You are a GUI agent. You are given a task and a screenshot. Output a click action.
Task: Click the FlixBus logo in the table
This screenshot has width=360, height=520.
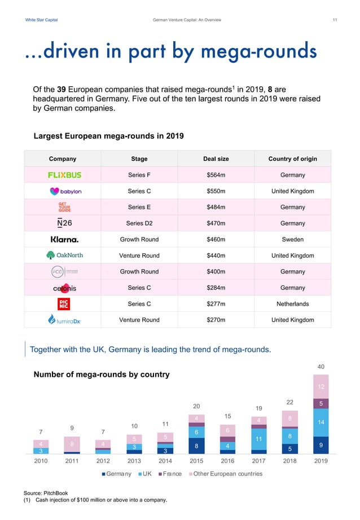(x=64, y=175)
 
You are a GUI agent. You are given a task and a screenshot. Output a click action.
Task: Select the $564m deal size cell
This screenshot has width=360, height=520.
(x=216, y=175)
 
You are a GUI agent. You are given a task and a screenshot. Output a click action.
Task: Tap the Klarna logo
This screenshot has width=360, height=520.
(x=64, y=239)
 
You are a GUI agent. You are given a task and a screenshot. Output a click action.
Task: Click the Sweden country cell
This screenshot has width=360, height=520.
(x=292, y=239)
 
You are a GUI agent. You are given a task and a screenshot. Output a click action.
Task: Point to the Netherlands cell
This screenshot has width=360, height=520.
(x=292, y=304)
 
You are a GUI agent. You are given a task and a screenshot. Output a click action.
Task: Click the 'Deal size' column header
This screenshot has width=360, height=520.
(x=216, y=159)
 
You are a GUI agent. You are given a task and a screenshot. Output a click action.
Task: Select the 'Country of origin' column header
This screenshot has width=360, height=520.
(x=292, y=159)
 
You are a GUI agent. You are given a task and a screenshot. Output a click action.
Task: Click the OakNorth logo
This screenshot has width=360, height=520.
(x=64, y=255)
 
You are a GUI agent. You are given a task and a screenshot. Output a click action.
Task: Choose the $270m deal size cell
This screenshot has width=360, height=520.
(x=216, y=320)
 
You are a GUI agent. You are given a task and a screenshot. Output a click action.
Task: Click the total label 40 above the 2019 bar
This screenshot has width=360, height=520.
(x=321, y=367)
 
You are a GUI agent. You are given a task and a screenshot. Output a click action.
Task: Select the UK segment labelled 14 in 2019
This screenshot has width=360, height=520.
(x=321, y=422)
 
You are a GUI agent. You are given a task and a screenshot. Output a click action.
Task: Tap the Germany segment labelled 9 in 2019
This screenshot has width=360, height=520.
(x=321, y=445)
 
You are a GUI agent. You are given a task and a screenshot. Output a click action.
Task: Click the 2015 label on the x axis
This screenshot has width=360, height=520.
(x=196, y=460)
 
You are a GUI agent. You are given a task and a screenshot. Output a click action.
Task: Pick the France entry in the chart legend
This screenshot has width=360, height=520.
(x=172, y=474)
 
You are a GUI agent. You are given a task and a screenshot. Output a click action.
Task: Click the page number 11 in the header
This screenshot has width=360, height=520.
(x=335, y=21)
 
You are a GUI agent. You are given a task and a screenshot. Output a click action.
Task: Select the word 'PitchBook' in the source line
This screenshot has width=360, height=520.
(x=54, y=493)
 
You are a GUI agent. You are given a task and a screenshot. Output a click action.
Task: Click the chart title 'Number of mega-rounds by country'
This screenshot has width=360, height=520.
(x=102, y=374)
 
